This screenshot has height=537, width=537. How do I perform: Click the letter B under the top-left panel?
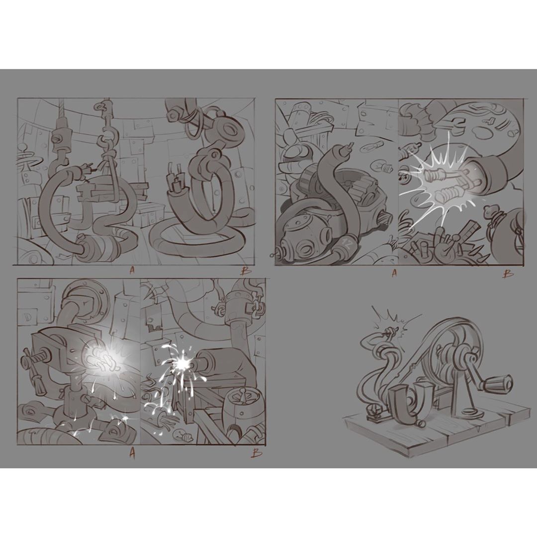pyautogui.click(x=246, y=271)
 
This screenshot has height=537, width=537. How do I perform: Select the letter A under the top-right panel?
pyautogui.click(x=394, y=273)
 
